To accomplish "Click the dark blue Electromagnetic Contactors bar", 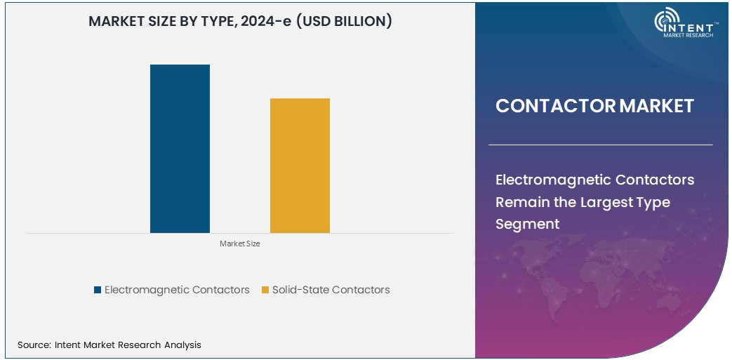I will [x=180, y=149].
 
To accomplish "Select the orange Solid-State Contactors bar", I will [x=300, y=166].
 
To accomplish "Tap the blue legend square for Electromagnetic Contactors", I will [x=98, y=290].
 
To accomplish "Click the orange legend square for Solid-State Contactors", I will [x=265, y=290].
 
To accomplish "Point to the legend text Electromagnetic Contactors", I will [x=177, y=290].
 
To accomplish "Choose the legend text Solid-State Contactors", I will [x=331, y=290].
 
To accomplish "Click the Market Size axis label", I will [x=239, y=244].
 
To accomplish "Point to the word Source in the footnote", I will [x=33, y=345].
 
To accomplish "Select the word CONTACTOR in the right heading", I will [x=555, y=106].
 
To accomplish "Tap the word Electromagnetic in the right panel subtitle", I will [x=552, y=180].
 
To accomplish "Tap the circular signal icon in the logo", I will [x=664, y=21].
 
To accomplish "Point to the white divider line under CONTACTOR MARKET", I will [x=600, y=145].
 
